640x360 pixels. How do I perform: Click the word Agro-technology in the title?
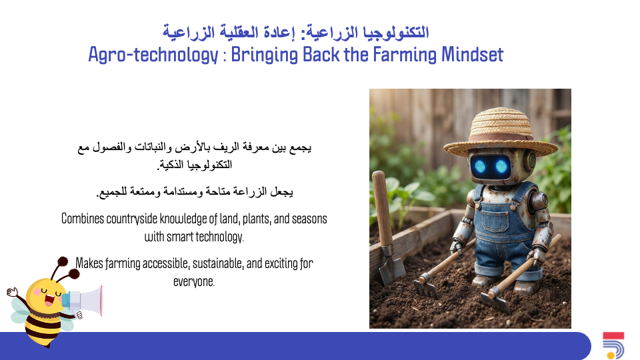point(153,55)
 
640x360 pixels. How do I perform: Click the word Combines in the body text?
point(83,219)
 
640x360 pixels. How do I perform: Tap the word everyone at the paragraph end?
point(194,281)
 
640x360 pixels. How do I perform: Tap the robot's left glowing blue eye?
point(479,166)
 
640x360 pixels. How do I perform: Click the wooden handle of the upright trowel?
point(383,208)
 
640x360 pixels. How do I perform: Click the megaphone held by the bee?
point(85,301)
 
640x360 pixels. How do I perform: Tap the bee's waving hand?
point(12,292)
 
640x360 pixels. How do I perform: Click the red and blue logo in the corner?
point(613,345)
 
